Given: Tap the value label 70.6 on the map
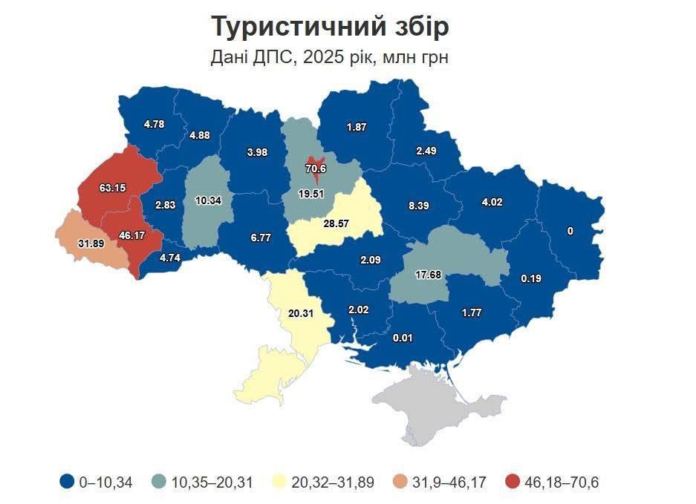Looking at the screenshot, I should tap(316, 168).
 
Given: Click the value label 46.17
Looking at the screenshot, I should tap(131, 235).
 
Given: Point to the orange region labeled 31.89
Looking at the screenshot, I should tap(91, 242).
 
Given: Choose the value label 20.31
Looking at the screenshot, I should tap(300, 313).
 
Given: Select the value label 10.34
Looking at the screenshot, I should tap(207, 200).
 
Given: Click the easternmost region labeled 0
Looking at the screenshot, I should tap(570, 231).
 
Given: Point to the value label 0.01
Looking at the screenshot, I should tap(403, 338).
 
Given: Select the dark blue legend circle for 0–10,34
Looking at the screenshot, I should tap(67, 482).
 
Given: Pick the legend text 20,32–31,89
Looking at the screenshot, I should tap(333, 482).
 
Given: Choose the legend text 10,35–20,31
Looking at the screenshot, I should tap(212, 482).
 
